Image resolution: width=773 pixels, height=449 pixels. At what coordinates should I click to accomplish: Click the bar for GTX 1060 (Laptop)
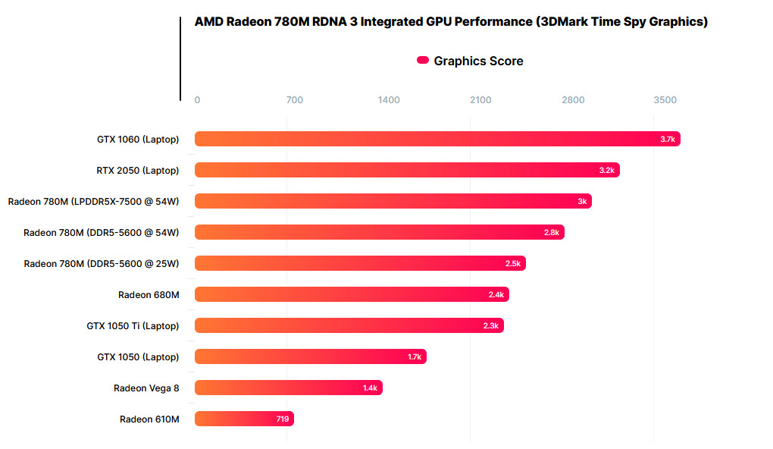437,139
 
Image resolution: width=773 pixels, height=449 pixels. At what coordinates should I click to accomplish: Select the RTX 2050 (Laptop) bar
406,170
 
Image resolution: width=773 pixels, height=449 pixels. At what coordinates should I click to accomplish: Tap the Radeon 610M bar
243,419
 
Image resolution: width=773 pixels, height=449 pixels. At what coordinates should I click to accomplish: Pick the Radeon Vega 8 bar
288,388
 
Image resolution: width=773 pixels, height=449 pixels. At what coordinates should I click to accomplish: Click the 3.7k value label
667,139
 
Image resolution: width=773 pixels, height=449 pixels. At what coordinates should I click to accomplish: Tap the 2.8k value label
551,232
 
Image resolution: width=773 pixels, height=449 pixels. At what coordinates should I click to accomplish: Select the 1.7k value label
414,356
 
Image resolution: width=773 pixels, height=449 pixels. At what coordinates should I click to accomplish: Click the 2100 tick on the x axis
480,100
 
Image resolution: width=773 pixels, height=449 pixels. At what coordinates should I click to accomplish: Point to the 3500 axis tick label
665,100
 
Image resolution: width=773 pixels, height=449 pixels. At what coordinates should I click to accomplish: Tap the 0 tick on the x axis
197,100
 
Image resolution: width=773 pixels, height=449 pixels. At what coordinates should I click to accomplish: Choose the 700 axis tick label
294,100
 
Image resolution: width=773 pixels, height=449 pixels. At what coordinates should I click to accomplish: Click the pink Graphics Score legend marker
423,61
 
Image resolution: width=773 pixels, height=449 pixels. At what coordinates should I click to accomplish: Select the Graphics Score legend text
478,61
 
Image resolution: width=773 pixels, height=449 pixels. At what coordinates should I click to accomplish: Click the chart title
451,22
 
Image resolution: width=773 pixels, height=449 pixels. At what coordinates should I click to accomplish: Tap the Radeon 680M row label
149,294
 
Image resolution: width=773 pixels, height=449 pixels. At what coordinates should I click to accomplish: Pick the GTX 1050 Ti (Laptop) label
133,325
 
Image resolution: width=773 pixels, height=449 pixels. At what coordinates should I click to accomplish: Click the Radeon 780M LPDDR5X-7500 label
93,201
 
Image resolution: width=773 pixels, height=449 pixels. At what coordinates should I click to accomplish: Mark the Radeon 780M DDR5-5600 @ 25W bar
360,263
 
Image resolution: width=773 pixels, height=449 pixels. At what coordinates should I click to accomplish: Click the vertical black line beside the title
180,58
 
